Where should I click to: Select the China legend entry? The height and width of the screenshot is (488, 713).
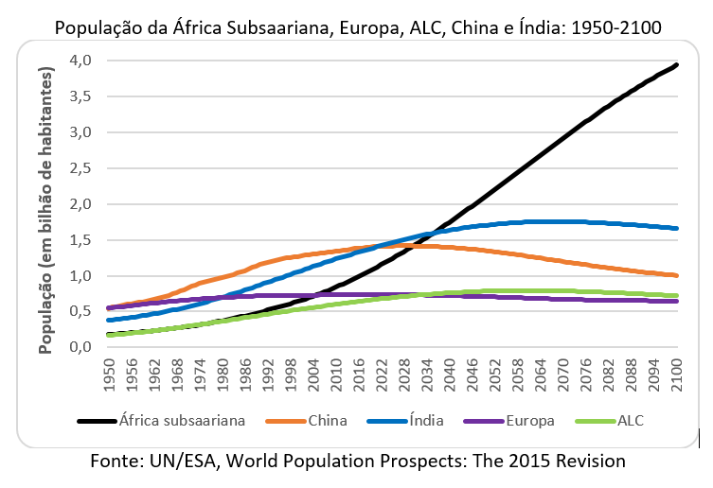click(328, 420)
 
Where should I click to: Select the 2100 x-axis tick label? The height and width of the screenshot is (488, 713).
click(674, 374)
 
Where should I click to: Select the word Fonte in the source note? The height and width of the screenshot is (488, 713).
click(116, 462)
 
